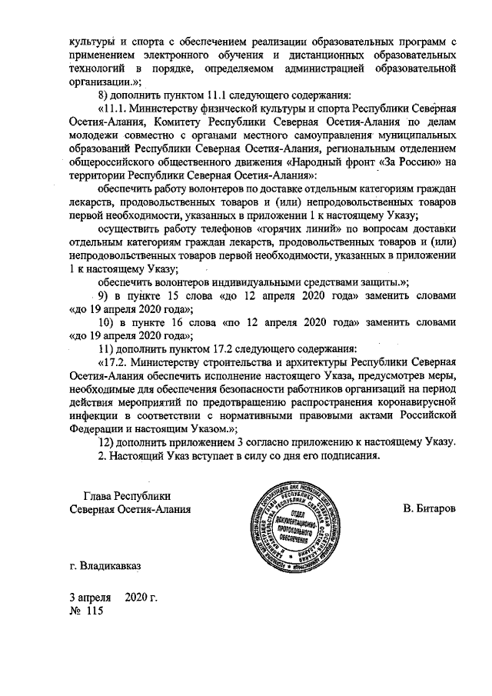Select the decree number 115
coord(95,611)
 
